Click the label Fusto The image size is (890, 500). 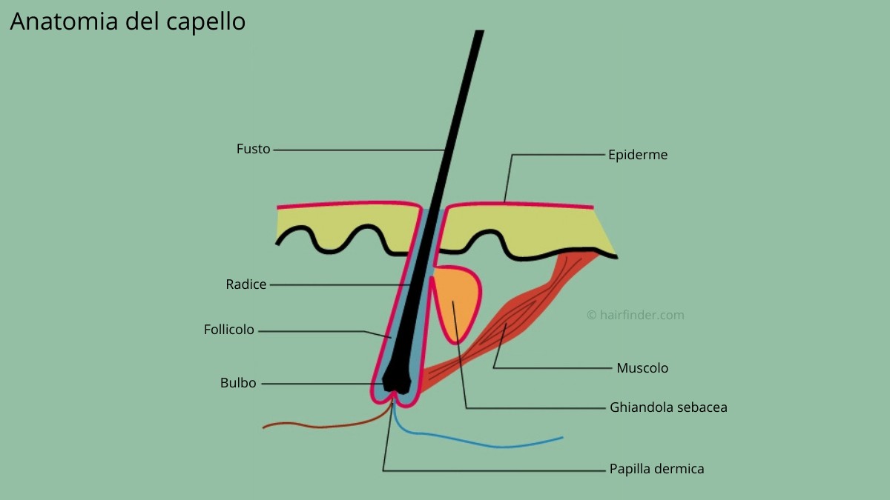[253, 149]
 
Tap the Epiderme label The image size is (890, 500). [638, 155]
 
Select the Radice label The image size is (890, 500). [246, 284]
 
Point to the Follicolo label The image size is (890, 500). [229, 330]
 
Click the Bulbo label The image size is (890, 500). [238, 383]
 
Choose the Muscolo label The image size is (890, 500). [642, 368]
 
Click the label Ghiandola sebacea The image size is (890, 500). [668, 407]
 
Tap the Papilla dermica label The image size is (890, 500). [657, 469]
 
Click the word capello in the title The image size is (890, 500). [206, 21]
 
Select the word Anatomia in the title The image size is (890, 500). [64, 21]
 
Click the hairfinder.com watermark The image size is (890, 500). [636, 315]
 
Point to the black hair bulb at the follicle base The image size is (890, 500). [397, 377]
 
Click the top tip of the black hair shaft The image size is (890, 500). [480, 30]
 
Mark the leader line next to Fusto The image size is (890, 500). [359, 150]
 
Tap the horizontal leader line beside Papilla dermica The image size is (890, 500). [494, 471]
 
